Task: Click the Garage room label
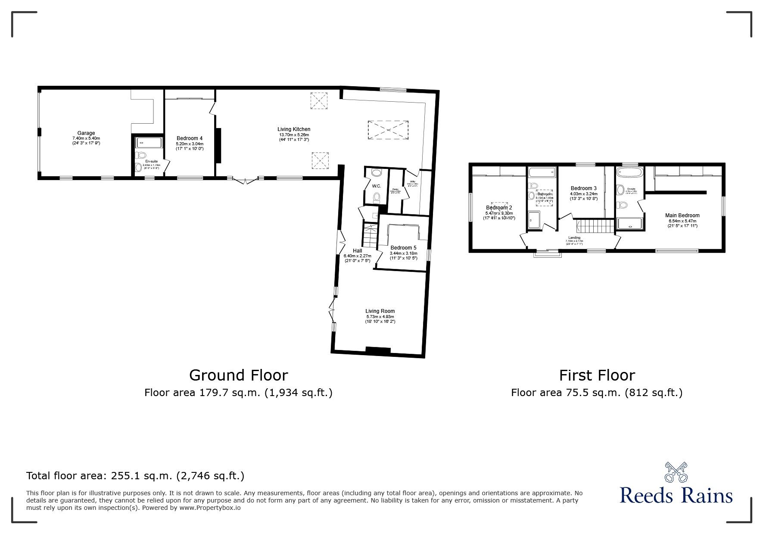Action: (86, 133)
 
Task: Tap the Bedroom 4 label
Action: (190, 138)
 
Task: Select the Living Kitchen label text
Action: (294, 129)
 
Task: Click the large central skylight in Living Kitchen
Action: (388, 130)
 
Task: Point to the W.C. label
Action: (377, 186)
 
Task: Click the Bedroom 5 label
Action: (403, 248)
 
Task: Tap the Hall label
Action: (357, 251)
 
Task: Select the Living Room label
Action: (380, 311)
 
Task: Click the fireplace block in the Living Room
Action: (378, 351)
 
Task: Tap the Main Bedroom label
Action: (682, 215)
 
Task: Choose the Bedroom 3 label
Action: (583, 188)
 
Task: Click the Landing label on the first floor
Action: (574, 237)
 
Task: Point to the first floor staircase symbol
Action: (595, 226)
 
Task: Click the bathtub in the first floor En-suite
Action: (629, 173)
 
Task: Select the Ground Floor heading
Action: (238, 375)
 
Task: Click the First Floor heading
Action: (597, 375)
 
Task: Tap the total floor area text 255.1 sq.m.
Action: (135, 476)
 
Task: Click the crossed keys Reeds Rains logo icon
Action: (676, 472)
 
